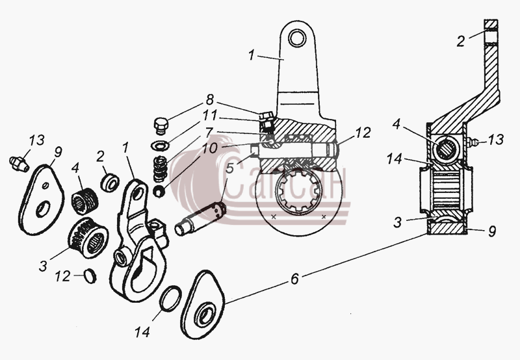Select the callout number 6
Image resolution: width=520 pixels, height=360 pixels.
(x=295, y=279)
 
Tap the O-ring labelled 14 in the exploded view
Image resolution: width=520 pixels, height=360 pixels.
(x=170, y=298)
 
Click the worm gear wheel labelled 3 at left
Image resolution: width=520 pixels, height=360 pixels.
(x=88, y=238)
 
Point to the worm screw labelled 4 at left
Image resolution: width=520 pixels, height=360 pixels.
(x=85, y=201)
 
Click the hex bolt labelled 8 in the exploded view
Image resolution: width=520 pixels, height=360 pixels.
(x=161, y=125)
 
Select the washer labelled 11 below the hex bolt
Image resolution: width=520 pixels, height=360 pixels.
(x=160, y=145)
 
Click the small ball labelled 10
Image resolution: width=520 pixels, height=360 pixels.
(x=159, y=191)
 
